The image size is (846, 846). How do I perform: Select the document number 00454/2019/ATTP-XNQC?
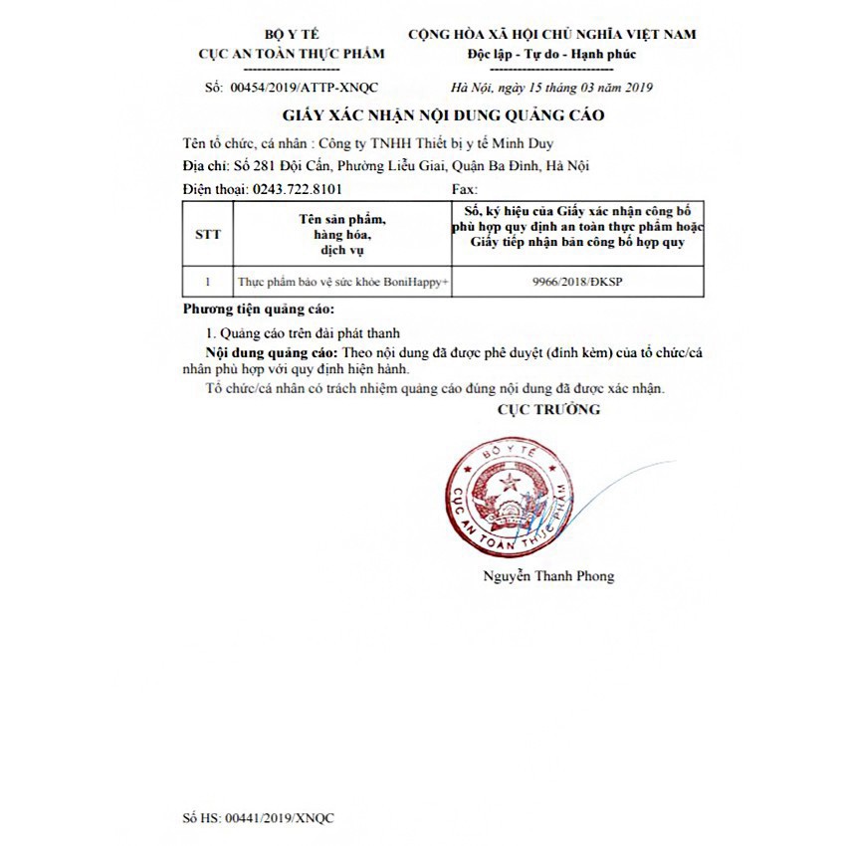305,88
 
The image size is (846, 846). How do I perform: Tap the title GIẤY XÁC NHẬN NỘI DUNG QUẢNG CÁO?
443,115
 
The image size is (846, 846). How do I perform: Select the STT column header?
208,235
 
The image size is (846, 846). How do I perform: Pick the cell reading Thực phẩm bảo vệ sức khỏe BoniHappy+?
343,282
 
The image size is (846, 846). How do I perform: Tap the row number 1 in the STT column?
208,282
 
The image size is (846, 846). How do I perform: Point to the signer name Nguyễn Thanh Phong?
548,575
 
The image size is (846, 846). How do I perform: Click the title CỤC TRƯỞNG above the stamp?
548,409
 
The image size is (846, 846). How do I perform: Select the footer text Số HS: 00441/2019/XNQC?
259,817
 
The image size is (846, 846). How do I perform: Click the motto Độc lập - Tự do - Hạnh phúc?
551,54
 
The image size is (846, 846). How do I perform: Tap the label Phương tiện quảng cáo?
259,310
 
